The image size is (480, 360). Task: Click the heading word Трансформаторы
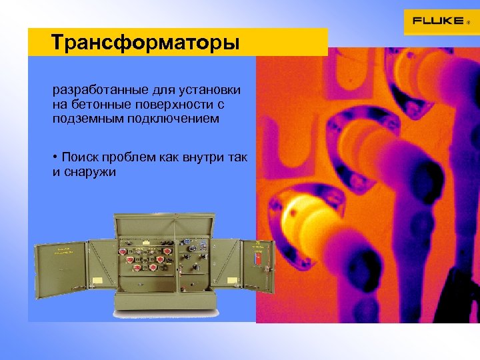tap(145, 43)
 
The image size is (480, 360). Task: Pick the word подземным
tap(85, 119)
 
